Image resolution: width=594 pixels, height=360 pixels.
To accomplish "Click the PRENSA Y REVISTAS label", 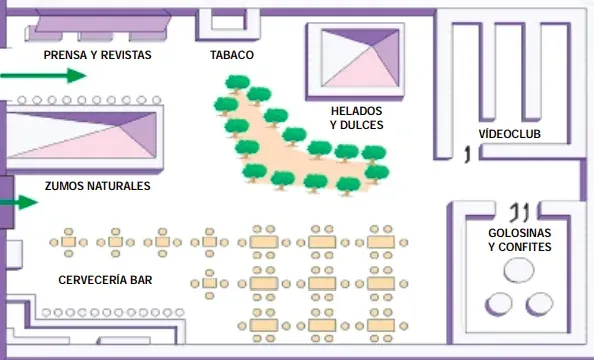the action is tap(97, 55).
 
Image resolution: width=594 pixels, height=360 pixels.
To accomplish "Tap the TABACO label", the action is tap(232, 55).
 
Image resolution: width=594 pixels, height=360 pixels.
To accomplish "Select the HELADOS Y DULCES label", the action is tap(356, 118).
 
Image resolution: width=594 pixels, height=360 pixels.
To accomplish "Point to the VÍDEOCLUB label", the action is tap(510, 133).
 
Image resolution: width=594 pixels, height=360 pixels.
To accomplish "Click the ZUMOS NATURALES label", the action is tap(97, 186).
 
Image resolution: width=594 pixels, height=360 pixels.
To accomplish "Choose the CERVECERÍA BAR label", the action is tap(105, 280).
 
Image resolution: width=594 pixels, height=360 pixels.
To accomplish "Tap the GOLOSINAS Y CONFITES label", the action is tap(519, 239).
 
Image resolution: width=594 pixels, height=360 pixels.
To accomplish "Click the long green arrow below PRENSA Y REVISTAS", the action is tap(43, 75).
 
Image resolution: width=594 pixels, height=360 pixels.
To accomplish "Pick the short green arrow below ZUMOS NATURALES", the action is tap(19, 202).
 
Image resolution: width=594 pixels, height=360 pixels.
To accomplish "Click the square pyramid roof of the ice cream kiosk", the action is tap(360, 58).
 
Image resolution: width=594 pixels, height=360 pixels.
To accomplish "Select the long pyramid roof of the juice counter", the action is tap(81, 135).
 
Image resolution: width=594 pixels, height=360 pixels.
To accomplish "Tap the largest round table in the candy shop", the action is tap(519, 270).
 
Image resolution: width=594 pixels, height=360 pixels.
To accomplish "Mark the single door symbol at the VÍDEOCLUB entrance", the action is tap(468, 154).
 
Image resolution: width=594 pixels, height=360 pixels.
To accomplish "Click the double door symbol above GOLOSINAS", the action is tap(519, 212).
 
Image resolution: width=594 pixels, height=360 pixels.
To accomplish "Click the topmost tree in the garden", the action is tap(238, 84).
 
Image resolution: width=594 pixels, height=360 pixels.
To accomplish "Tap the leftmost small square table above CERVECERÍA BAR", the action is tap(69, 242).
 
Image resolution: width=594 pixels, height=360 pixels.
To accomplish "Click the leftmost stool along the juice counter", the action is tap(22, 100).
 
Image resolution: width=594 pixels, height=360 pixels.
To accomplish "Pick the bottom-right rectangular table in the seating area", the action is tap(381, 325).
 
